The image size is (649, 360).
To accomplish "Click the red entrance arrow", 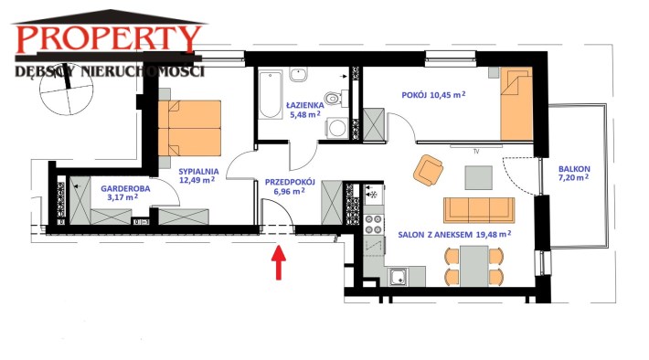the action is tap(279, 262).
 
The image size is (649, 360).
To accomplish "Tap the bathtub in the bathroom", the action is tap(271, 94).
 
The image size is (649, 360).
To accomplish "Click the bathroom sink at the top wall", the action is tap(298, 75).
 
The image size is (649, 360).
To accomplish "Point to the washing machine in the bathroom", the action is tap(337, 128).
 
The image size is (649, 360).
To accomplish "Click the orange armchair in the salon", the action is tap(428, 170).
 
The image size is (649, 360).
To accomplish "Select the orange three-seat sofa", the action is tap(479, 210).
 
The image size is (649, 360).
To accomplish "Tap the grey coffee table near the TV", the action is tap(478, 177).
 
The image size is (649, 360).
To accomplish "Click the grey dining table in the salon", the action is tap(473, 266).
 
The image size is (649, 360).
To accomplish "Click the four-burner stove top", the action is tap(373, 224).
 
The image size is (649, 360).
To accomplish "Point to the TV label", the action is tap(476, 152).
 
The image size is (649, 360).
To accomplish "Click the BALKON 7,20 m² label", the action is tap(574, 174).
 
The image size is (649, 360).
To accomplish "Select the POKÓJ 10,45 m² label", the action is tap(433, 95).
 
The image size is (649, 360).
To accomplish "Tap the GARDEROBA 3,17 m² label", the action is tap(125, 193).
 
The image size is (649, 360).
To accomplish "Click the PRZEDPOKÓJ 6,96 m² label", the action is tap(290, 186).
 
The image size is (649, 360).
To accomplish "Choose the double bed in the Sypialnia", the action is tap(189, 128).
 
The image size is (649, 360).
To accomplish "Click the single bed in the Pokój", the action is tap(516, 104).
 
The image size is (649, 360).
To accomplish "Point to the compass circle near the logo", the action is tap(66, 90).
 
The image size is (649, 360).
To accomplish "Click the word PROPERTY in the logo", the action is tap(109, 39).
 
